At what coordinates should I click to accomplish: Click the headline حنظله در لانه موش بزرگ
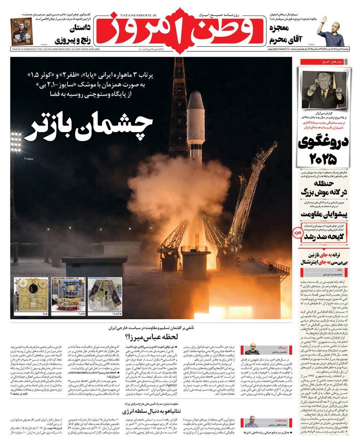(324, 188)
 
